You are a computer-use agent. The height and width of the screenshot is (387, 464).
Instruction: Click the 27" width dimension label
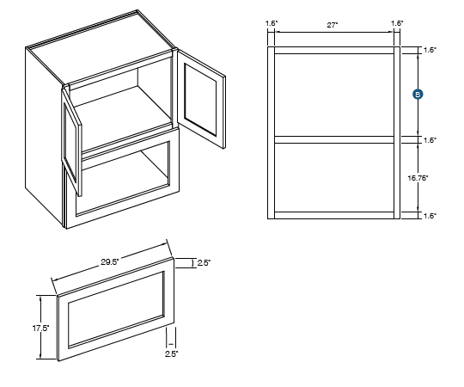pos(333,26)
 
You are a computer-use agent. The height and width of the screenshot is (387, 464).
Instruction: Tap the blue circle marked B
pos(417,95)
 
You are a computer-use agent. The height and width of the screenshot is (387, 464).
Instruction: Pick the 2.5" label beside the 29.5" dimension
pos(203,261)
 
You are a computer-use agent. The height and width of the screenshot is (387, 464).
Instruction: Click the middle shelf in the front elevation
pos(334,138)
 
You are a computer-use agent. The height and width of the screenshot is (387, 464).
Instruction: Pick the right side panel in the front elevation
pos(396,132)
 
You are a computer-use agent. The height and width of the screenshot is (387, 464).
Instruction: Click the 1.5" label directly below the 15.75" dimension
pos(430,216)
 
